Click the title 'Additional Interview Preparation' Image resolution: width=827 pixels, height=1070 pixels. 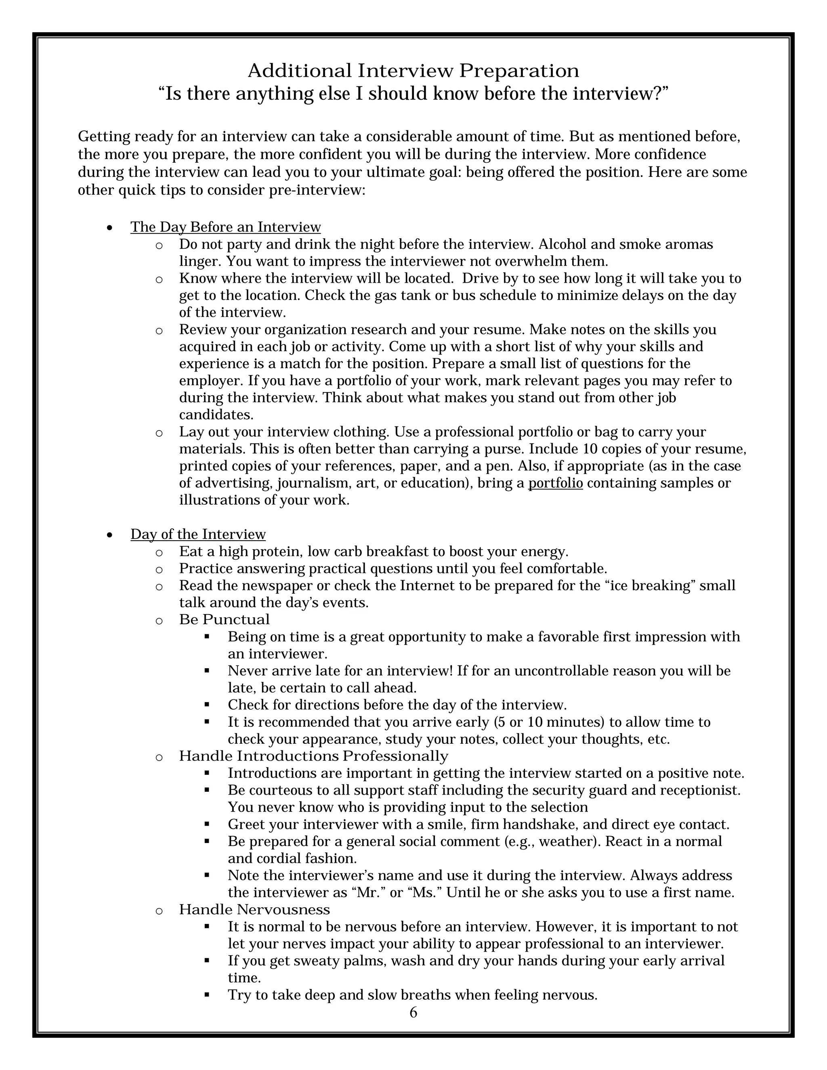point(413,71)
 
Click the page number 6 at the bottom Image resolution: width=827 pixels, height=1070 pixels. point(413,1012)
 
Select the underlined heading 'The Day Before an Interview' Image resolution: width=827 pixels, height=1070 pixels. point(225,227)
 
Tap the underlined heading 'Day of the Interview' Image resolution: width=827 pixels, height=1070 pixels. point(198,534)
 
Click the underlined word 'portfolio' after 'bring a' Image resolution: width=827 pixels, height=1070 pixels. point(555,483)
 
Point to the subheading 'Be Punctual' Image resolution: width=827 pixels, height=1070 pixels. point(225,620)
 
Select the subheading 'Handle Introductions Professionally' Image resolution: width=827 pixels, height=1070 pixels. point(313,756)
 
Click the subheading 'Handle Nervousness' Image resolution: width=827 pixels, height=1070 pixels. point(254,909)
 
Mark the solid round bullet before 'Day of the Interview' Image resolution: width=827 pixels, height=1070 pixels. point(110,535)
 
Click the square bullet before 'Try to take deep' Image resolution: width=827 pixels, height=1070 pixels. point(207,994)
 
